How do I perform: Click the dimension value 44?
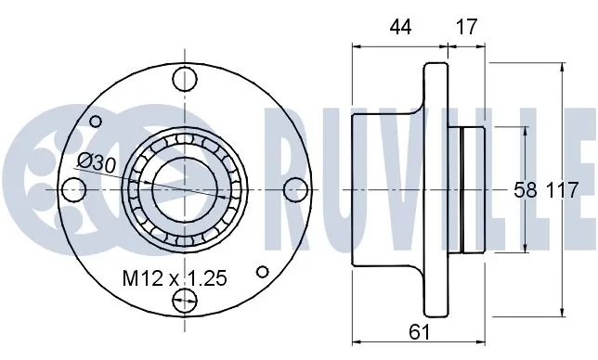point(400,27)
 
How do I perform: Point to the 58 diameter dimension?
point(525,190)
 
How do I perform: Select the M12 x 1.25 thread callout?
point(175,277)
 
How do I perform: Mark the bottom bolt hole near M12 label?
point(186,299)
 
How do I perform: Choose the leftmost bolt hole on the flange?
point(72,188)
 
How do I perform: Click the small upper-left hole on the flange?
point(96,121)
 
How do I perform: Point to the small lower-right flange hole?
point(264,272)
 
